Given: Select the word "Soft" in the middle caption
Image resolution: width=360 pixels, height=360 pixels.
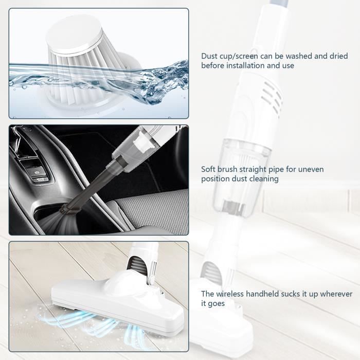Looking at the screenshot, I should [x=209, y=169].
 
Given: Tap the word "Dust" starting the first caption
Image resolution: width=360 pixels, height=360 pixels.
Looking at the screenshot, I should [x=209, y=56].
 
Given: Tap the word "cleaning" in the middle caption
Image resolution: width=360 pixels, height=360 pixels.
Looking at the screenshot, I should [x=263, y=179].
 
